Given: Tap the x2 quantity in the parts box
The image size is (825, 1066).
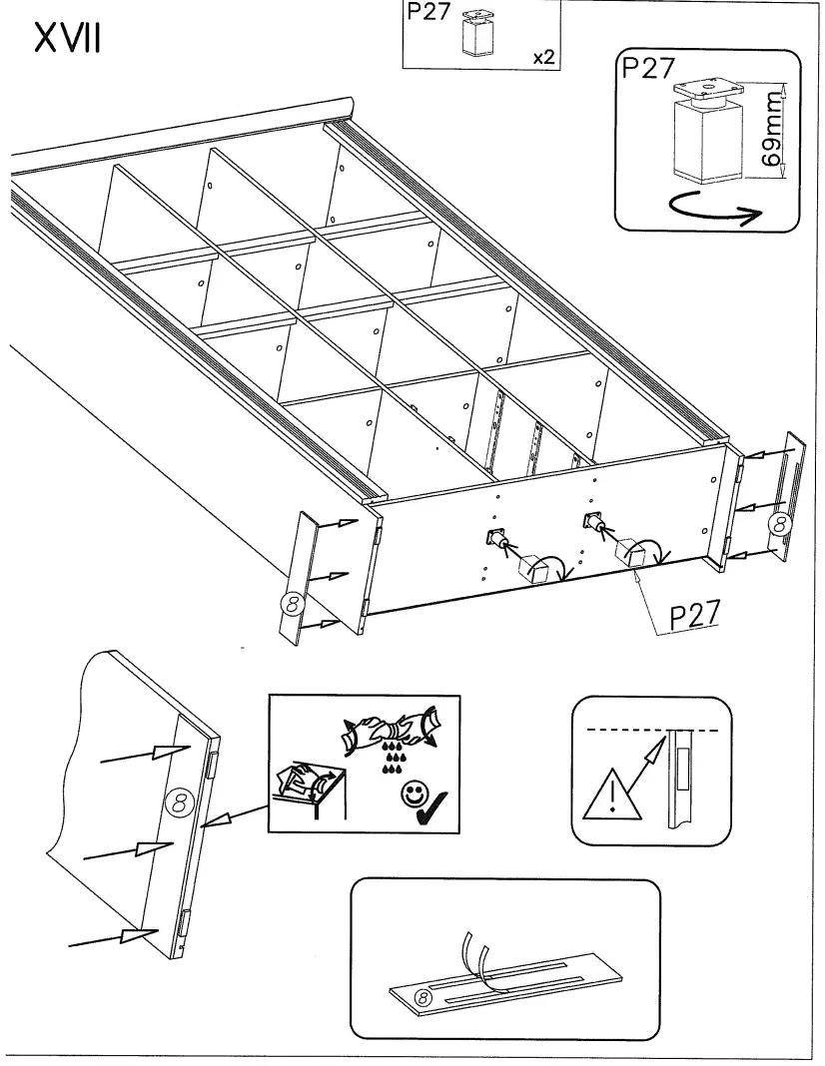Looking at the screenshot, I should coord(543,57).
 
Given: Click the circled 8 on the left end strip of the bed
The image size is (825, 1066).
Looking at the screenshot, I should coord(291,602).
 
